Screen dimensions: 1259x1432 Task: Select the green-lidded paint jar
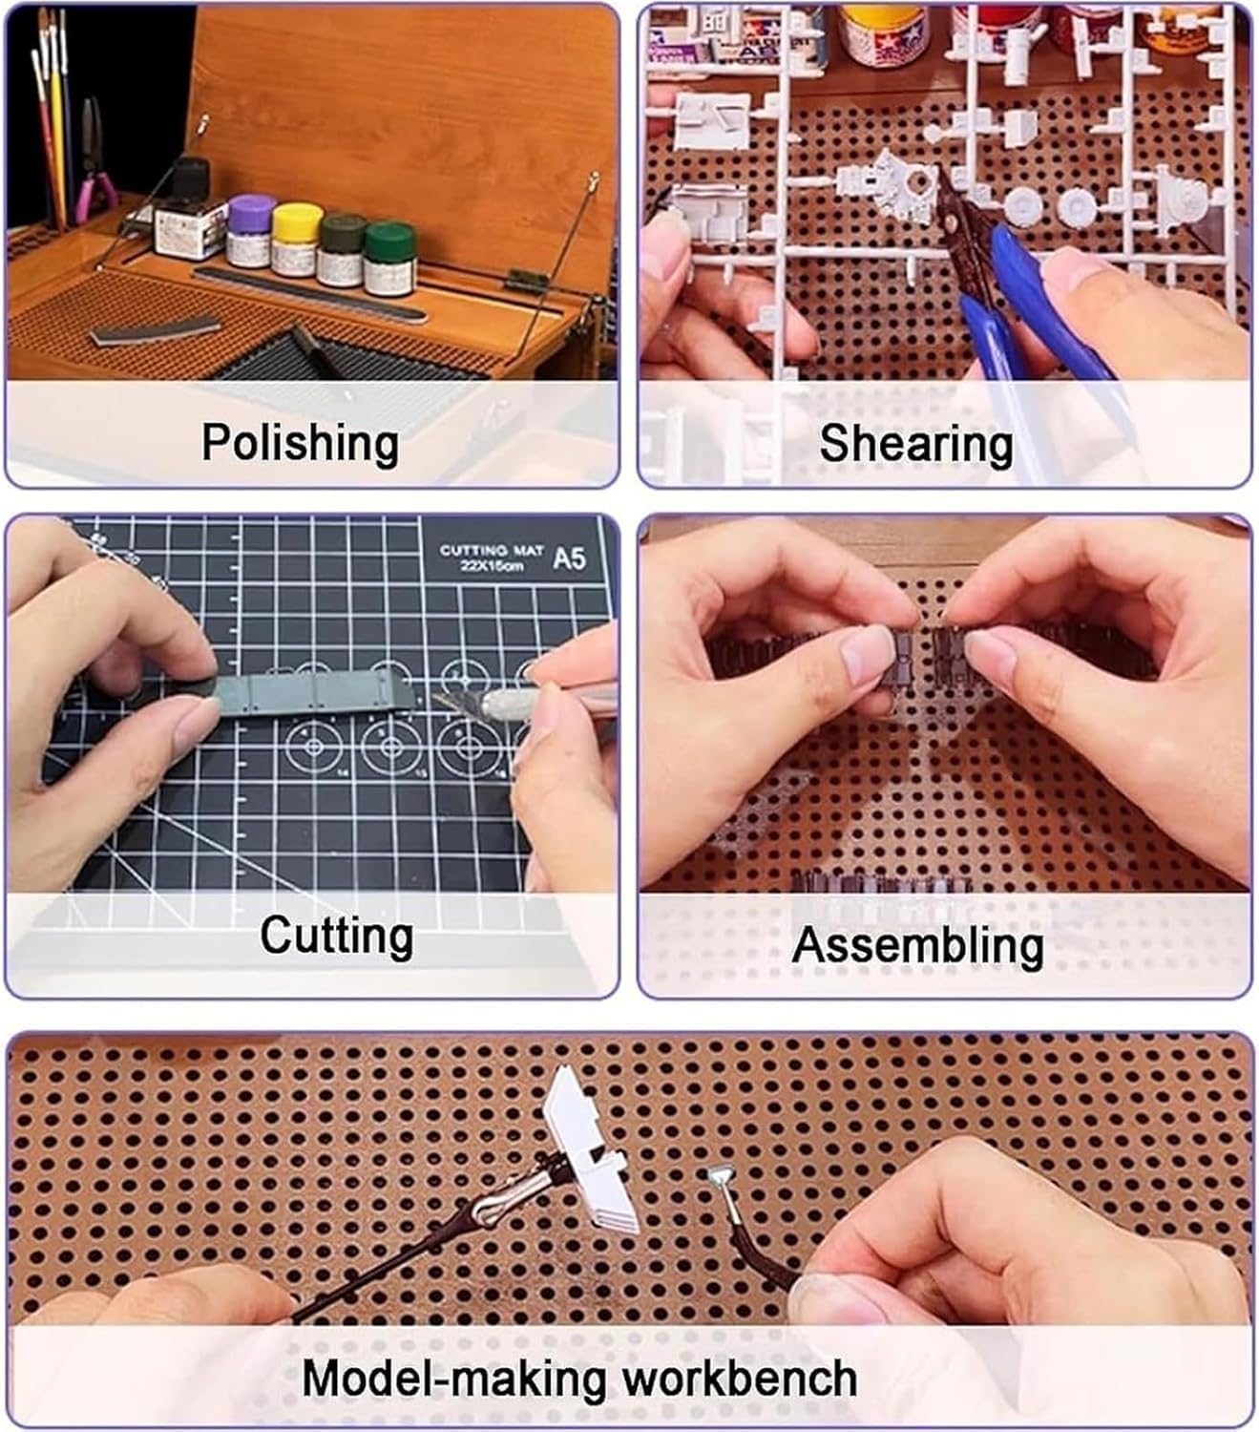(x=388, y=258)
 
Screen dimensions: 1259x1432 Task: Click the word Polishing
(x=301, y=443)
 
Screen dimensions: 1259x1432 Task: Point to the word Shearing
(x=916, y=444)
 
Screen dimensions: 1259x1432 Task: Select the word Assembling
(x=917, y=945)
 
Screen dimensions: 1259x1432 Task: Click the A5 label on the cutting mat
(x=569, y=558)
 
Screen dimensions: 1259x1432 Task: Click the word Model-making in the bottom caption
(x=453, y=1379)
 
